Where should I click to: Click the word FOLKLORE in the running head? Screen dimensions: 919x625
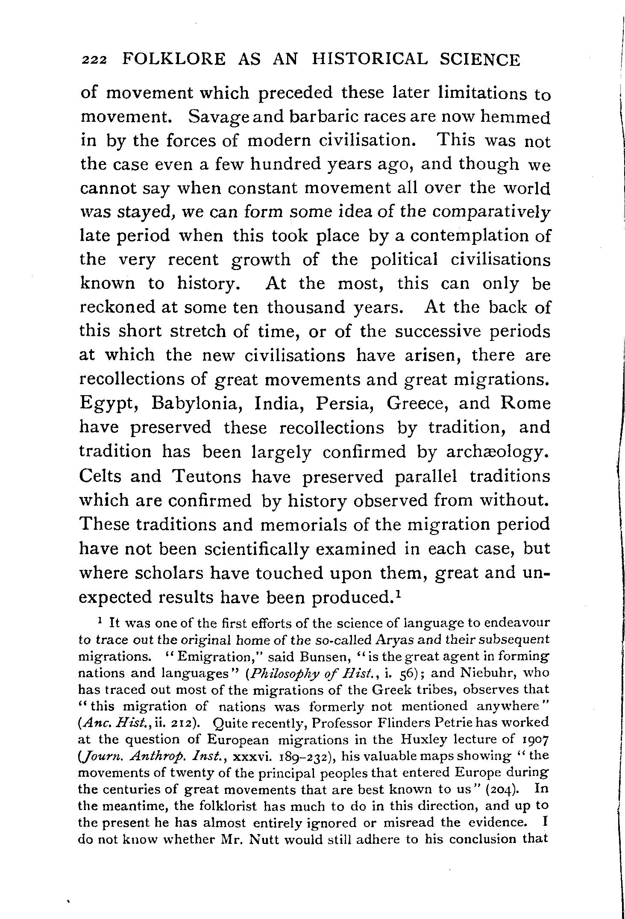click(173, 59)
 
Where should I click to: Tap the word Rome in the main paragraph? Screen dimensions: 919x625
click(526, 403)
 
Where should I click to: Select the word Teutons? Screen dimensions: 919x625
click(206, 476)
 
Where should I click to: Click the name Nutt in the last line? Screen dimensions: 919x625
click(264, 839)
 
